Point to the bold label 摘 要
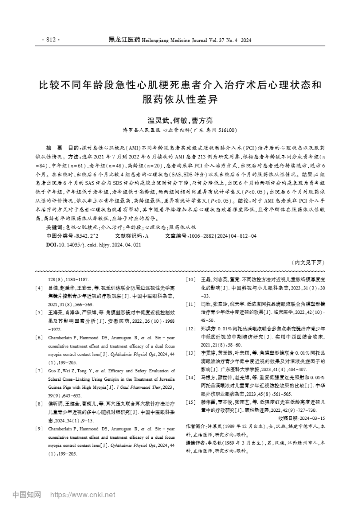[x=54, y=148]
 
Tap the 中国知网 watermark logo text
[x=27, y=495]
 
